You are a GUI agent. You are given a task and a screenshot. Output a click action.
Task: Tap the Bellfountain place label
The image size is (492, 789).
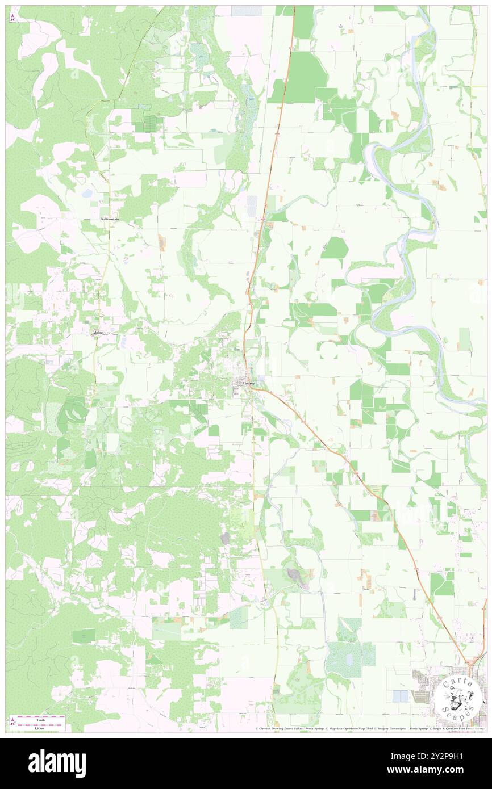[x=110, y=219]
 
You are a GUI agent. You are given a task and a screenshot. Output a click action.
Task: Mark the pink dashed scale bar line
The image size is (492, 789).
[x=40, y=724]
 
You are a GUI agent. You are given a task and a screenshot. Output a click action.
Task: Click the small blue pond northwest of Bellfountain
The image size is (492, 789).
[x=86, y=194]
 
